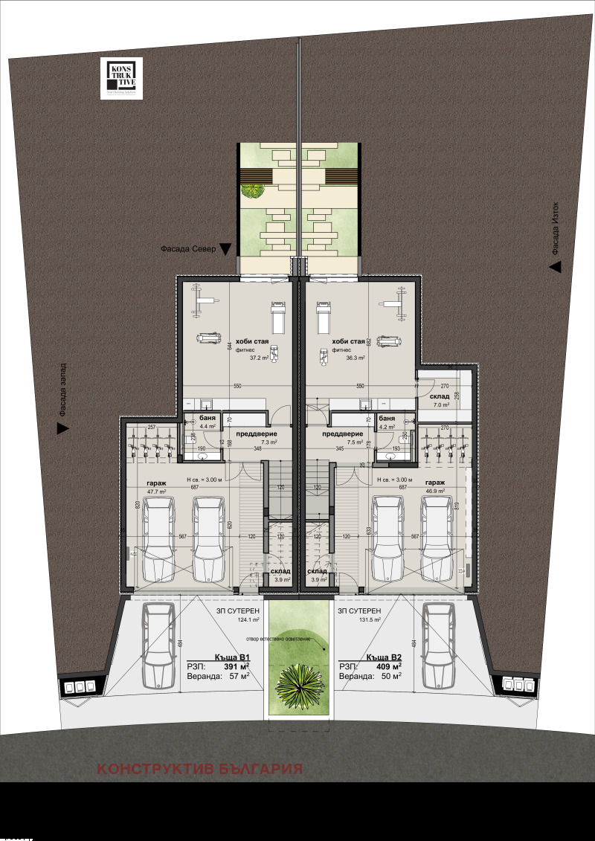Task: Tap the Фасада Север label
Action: point(187,250)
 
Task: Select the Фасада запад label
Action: point(62,390)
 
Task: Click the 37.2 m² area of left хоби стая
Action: point(258,358)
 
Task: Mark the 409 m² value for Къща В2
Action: point(388,667)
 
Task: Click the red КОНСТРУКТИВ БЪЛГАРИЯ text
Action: point(200,769)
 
